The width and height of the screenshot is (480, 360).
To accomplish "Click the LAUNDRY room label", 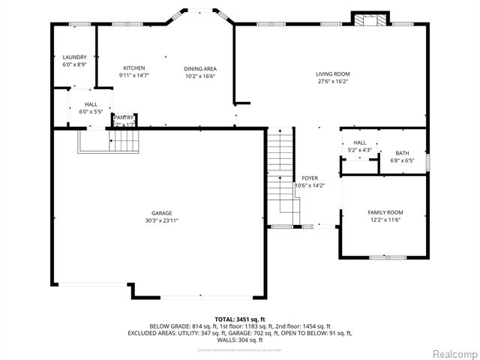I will [74, 57].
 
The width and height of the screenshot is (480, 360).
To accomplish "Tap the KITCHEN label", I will [133, 68].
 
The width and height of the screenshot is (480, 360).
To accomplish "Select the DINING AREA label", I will [200, 68].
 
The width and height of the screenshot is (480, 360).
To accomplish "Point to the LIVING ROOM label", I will [332, 73].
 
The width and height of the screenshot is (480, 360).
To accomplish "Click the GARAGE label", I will [162, 213].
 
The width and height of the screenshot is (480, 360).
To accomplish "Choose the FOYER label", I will [309, 178].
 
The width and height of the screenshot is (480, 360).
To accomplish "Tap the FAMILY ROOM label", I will [385, 212].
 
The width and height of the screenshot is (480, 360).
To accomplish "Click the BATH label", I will [402, 153].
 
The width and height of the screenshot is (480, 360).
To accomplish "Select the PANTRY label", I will [124, 117].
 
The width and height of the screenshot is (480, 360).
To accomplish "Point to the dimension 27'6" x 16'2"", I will [332, 81].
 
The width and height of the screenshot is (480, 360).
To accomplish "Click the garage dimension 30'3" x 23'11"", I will [162, 220].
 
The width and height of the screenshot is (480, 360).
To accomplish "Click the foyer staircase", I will [279, 172].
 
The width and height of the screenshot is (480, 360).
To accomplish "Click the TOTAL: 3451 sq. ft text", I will [239, 318].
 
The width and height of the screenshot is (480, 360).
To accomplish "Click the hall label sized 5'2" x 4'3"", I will [360, 146].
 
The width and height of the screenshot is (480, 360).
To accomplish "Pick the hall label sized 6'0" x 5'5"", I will [91, 108].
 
